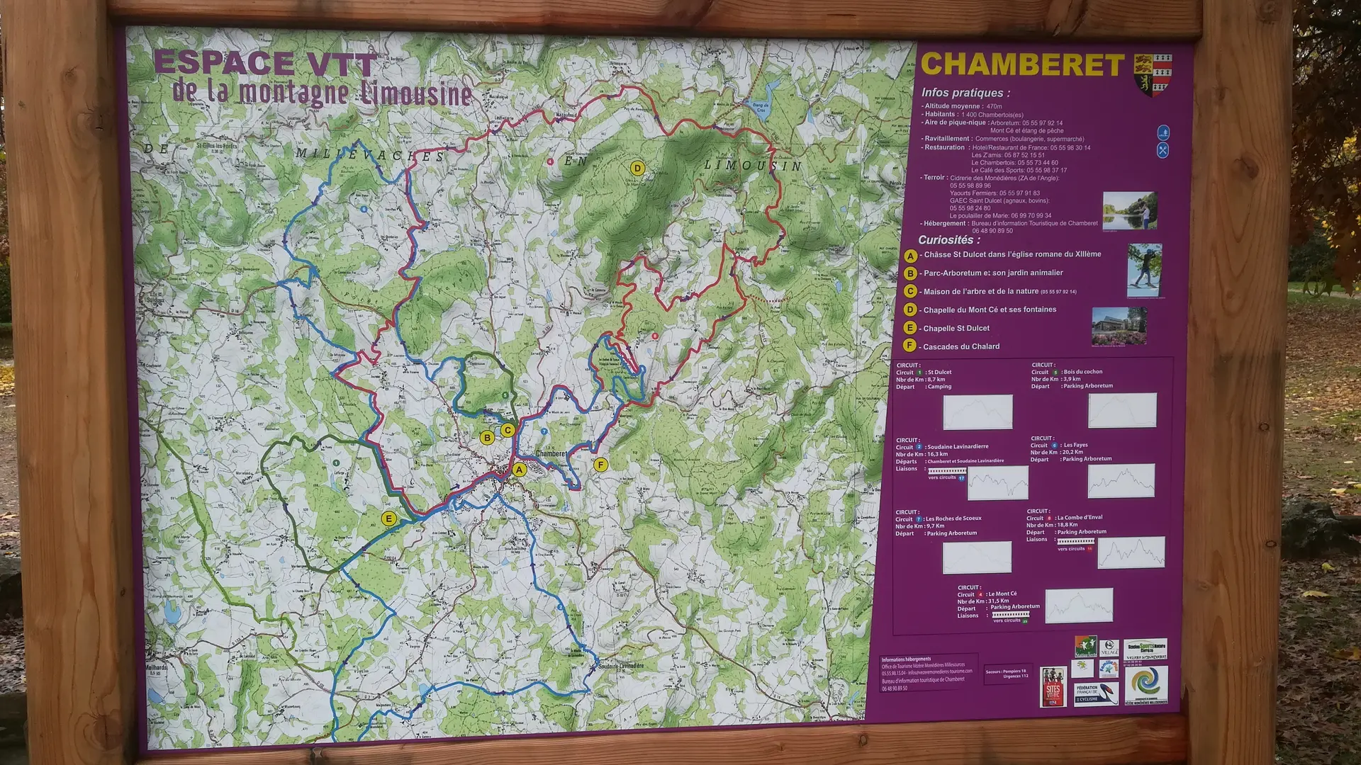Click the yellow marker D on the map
[x=637, y=168]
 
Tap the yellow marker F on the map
[x=600, y=465]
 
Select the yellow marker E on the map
[x=388, y=518]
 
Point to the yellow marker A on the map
[x=520, y=470]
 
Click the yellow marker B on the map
[x=487, y=438]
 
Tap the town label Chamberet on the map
[x=551, y=453]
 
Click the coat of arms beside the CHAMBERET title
[x=1153, y=74]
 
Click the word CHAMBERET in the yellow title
[x=1021, y=65]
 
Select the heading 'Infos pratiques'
[x=965, y=93]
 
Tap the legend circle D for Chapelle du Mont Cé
[x=910, y=310]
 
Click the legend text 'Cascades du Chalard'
[x=961, y=346]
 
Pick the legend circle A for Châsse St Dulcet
[x=910, y=255]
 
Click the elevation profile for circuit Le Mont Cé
[x=1078, y=605]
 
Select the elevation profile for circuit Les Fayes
[x=1121, y=480]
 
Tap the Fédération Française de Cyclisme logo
[x=1096, y=693]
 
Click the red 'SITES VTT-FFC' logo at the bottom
[x=1053, y=686]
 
